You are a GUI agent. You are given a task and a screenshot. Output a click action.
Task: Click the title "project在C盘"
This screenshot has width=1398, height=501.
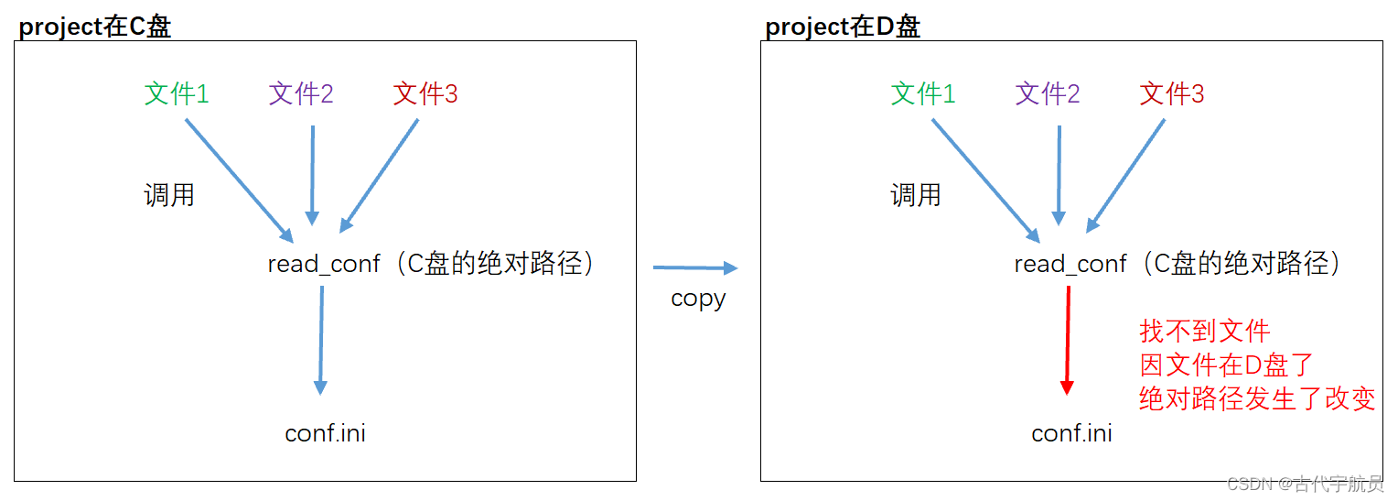pos(95,27)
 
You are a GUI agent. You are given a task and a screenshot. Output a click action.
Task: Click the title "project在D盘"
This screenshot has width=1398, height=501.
pos(843,27)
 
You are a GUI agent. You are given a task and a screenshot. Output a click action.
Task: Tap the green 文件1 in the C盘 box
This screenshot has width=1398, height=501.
pos(177,93)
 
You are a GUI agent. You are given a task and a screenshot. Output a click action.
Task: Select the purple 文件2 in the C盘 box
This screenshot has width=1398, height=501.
pos(301,93)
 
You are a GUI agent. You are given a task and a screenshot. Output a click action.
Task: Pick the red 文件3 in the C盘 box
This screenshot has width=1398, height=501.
pos(425,93)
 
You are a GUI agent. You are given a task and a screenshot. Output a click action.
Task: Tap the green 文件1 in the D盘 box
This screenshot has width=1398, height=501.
pos(923,93)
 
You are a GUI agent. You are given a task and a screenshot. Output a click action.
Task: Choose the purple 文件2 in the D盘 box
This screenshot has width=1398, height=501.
pos(1048,93)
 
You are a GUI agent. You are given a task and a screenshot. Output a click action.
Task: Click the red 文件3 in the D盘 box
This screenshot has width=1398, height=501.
pos(1172,93)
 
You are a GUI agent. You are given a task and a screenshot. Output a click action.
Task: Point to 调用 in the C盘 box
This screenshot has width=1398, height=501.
pos(169,195)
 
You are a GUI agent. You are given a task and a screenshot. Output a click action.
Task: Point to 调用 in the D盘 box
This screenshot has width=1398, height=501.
pos(916,195)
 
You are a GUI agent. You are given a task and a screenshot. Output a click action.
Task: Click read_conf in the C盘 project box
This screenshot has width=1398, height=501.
pos(324,265)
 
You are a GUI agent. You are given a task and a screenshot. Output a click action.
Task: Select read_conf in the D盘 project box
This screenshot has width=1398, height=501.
pos(1070,265)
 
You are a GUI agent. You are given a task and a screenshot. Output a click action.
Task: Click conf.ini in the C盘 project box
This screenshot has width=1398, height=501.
pos(325,432)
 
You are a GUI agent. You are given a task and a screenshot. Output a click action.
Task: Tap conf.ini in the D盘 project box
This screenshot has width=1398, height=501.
pos(1071,432)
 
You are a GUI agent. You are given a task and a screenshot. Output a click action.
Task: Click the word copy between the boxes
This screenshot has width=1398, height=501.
pos(698,300)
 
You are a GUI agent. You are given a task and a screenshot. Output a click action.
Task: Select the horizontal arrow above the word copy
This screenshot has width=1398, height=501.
pos(694,268)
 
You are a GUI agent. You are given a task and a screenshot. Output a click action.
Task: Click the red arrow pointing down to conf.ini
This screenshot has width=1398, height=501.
pos(1067,340)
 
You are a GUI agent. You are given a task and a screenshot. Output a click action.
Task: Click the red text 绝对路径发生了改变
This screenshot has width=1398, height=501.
pos(1257,399)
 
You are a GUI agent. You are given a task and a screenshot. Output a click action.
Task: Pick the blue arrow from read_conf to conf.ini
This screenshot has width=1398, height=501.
pos(321,340)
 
